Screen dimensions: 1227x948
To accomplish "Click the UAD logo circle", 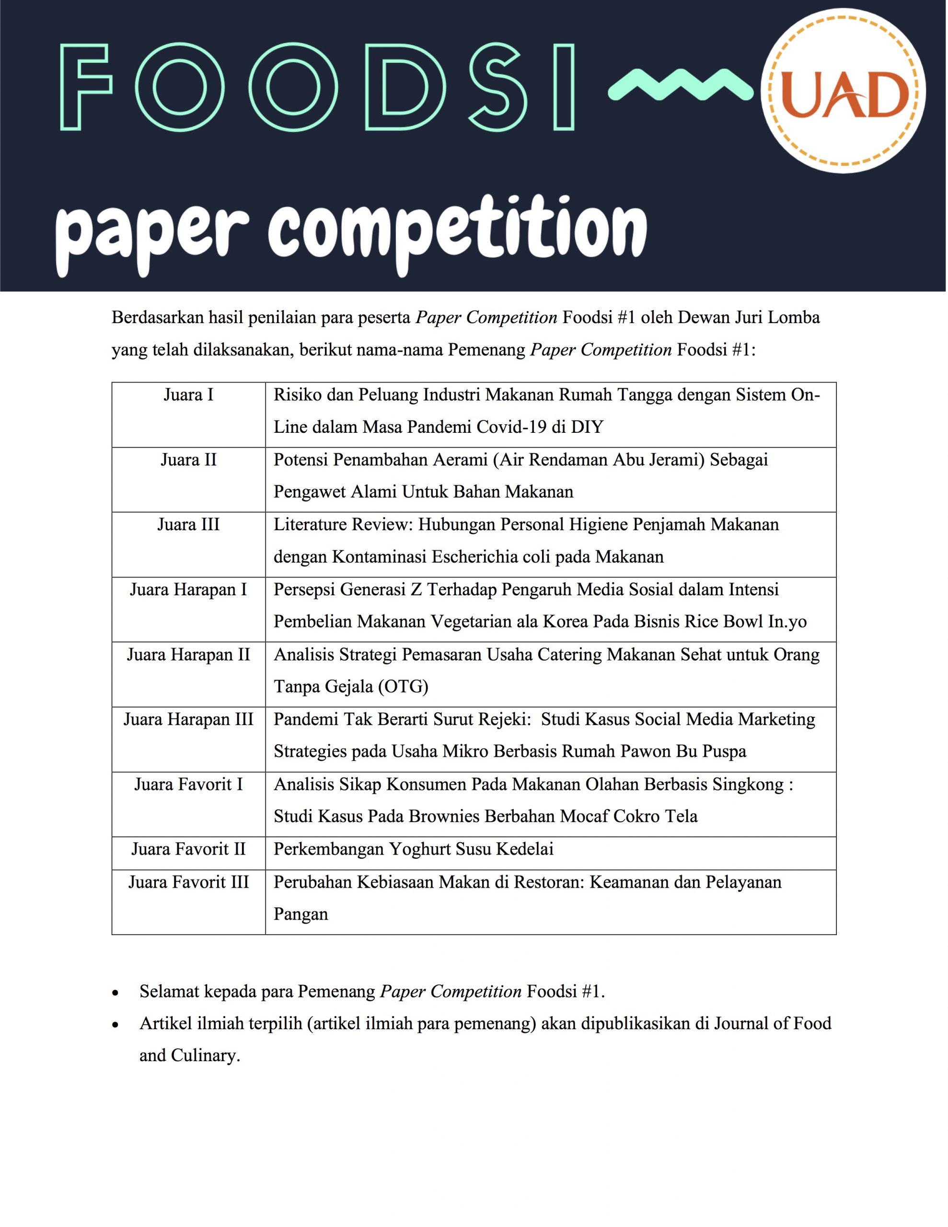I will click(843, 91).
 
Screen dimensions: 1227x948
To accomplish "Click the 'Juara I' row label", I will click(188, 395).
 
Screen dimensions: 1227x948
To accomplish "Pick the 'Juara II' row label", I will click(188, 460).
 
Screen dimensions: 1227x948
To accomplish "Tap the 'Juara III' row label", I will click(188, 525).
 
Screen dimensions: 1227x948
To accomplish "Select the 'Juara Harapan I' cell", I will click(188, 590).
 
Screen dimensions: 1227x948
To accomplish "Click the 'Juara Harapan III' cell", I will click(188, 720).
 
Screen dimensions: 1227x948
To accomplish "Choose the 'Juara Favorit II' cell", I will click(188, 849).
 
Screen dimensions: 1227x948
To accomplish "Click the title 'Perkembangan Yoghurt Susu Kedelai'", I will click(413, 849).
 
